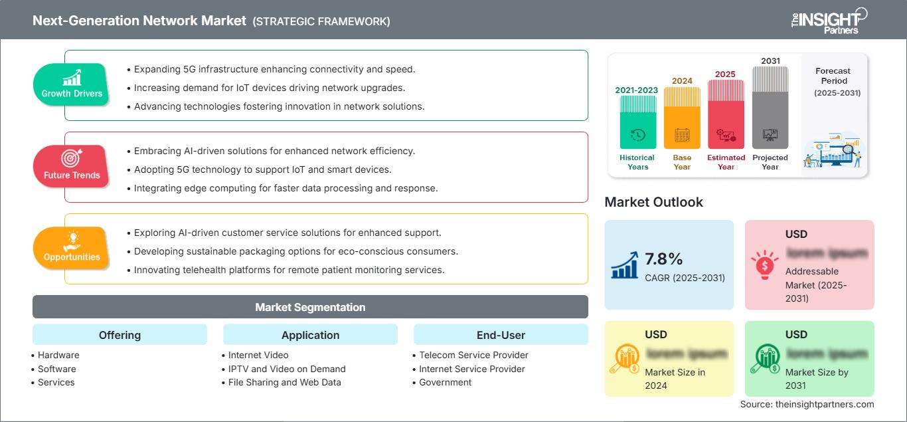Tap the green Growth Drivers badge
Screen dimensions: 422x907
click(x=72, y=84)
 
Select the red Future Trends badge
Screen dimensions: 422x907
click(x=71, y=165)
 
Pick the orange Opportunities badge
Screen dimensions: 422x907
click(x=71, y=247)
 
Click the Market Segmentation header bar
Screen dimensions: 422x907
click(x=310, y=307)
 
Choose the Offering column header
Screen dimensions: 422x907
click(x=120, y=335)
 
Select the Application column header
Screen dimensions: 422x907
click(x=310, y=335)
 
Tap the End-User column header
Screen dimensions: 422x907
click(x=501, y=335)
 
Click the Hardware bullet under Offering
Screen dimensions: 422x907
click(x=58, y=355)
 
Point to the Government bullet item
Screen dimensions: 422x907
click(x=446, y=382)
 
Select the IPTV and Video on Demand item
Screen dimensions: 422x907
click(x=287, y=369)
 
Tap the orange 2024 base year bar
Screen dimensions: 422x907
click(x=682, y=118)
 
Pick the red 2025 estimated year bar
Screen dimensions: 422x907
click(x=726, y=114)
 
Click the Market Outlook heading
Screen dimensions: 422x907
click(x=653, y=202)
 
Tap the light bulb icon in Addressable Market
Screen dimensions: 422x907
click(x=764, y=265)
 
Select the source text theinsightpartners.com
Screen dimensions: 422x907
click(x=807, y=404)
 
